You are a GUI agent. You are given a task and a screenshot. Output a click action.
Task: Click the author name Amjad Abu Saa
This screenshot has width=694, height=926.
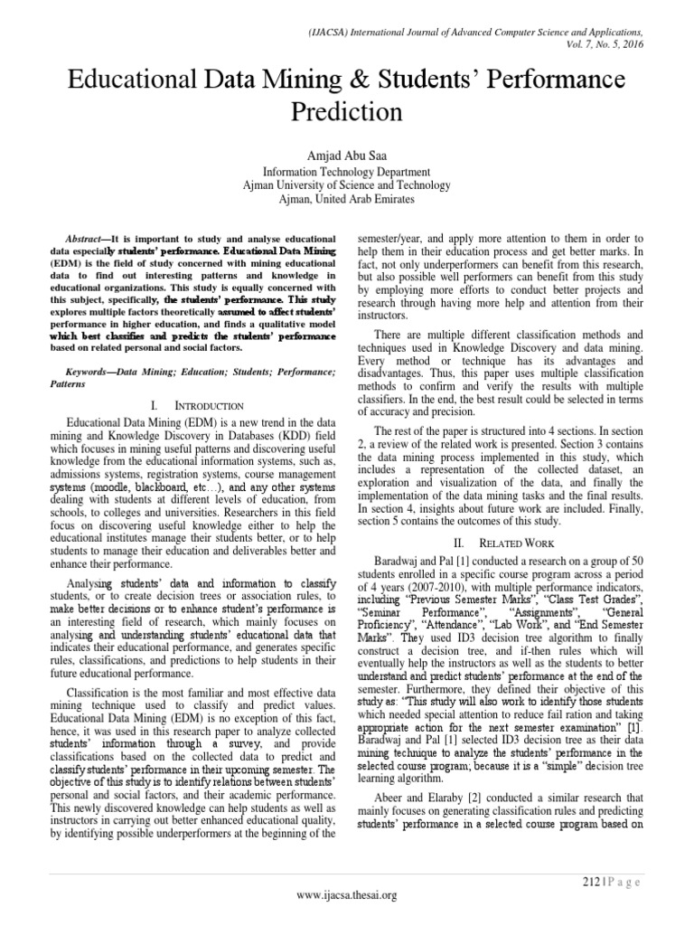tap(346, 156)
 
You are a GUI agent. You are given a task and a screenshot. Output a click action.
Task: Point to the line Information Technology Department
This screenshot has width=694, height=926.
tap(346, 172)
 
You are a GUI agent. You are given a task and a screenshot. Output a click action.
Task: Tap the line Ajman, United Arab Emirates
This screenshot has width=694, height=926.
tap(346, 198)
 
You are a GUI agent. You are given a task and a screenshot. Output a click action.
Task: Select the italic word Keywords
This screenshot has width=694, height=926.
tap(102, 372)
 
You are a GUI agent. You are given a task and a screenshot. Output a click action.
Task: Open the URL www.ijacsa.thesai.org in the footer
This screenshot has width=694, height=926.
tap(347, 895)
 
